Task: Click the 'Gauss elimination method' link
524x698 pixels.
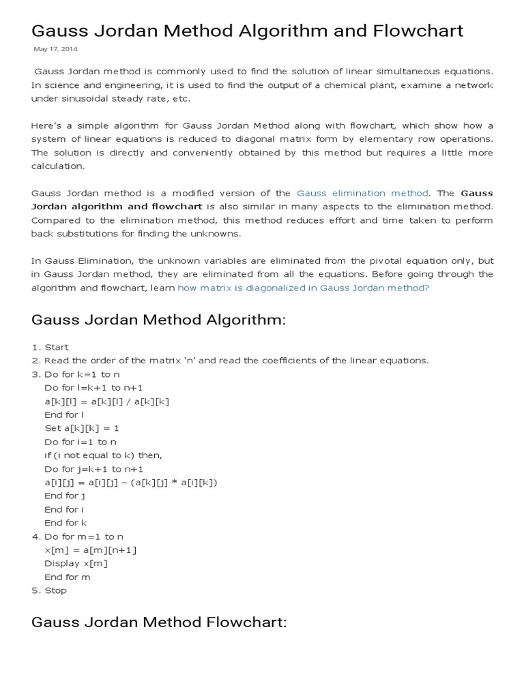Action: [362, 193]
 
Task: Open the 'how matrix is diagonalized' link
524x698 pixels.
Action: [303, 288]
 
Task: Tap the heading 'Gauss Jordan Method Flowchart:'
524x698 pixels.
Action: [159, 622]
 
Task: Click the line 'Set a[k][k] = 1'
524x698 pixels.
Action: [81, 428]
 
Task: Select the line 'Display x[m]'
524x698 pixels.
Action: [76, 563]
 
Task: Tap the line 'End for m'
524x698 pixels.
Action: [68, 577]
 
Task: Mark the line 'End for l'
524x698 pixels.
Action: [63, 414]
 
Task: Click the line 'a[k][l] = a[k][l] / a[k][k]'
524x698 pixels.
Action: [106, 401]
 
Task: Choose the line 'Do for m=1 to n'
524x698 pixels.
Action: [84, 536]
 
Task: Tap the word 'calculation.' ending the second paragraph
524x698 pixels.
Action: [58, 166]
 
